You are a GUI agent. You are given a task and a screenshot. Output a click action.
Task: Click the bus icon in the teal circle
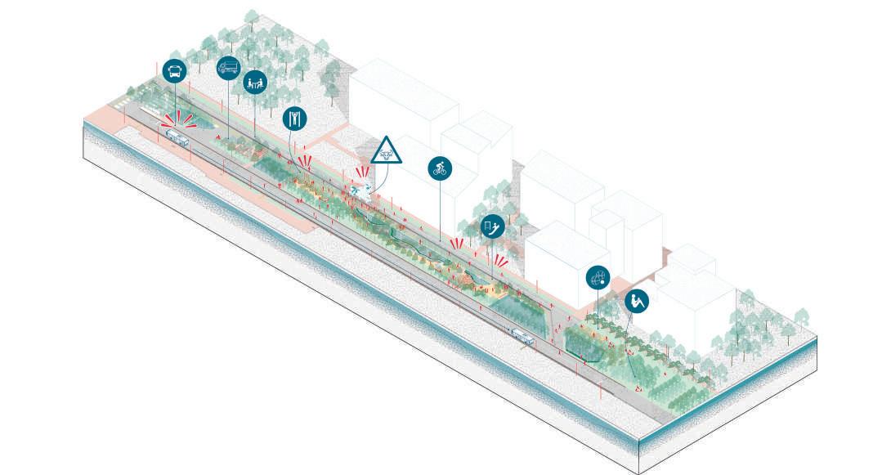click(x=174, y=71)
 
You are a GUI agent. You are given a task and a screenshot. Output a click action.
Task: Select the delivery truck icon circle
click(x=228, y=68)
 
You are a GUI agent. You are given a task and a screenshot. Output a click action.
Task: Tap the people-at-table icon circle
click(x=254, y=82)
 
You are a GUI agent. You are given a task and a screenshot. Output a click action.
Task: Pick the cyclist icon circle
click(x=441, y=169)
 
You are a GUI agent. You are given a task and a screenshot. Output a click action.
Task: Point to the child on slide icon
click(x=491, y=225)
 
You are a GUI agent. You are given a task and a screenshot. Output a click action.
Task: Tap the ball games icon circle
click(x=598, y=278)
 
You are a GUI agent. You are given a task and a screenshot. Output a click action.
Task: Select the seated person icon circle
click(x=637, y=301)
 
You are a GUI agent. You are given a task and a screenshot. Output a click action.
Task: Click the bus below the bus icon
click(x=177, y=138)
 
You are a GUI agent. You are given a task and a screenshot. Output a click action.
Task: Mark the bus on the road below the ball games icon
click(x=522, y=334)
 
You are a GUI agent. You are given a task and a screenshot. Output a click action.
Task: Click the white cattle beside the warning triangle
click(x=360, y=190)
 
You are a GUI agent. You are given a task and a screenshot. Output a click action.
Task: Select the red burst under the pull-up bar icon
click(x=306, y=160)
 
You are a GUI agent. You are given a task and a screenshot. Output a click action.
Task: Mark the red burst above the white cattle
click(x=360, y=173)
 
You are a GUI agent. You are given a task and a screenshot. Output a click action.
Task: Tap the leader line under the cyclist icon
click(x=441, y=213)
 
